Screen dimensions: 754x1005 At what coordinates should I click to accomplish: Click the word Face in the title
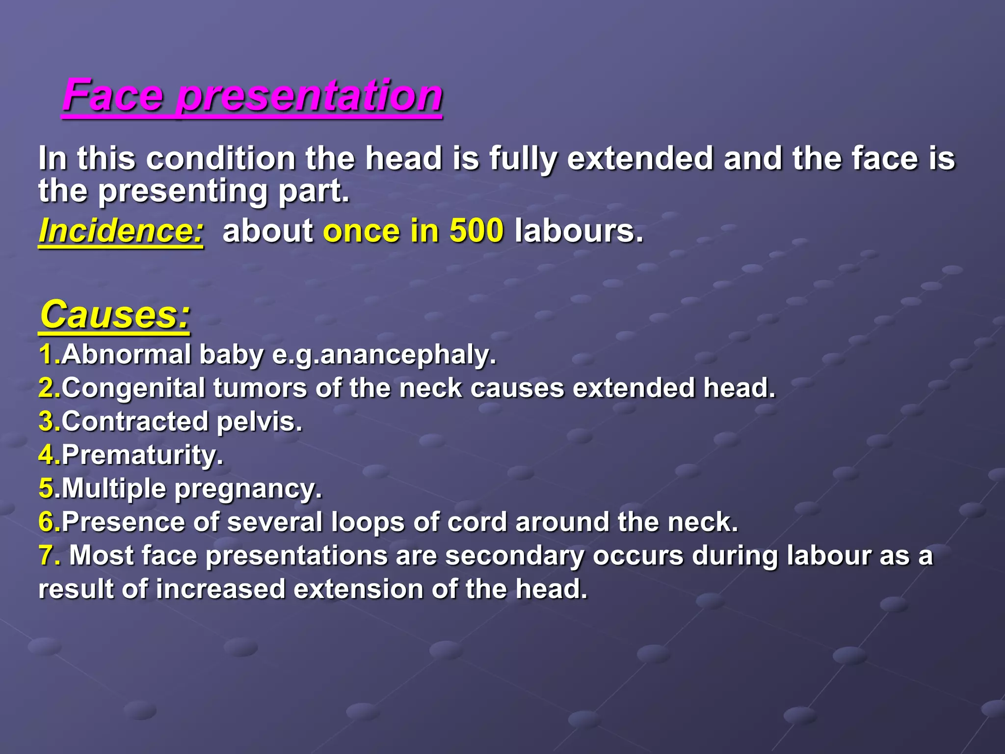point(112,95)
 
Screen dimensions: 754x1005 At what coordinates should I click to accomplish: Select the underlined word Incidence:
point(121,231)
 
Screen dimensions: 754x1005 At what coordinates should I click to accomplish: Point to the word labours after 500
point(578,231)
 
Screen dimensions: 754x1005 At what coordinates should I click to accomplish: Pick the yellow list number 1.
point(48,354)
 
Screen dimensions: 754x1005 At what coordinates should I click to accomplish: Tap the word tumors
point(260,388)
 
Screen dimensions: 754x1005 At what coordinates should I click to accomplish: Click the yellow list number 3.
point(48,422)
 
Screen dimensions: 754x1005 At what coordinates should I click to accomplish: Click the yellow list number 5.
point(48,488)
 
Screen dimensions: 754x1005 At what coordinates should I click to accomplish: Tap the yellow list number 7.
point(49,556)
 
